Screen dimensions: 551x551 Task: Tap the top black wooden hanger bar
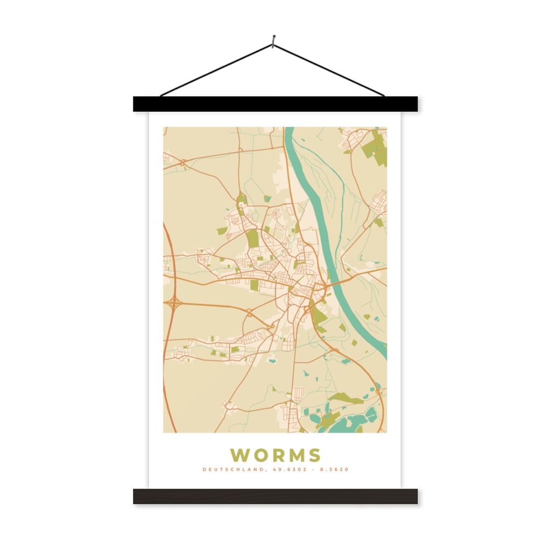(275, 104)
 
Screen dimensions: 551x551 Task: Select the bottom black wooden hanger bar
(275, 496)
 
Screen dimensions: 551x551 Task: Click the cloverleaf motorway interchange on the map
(174, 304)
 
